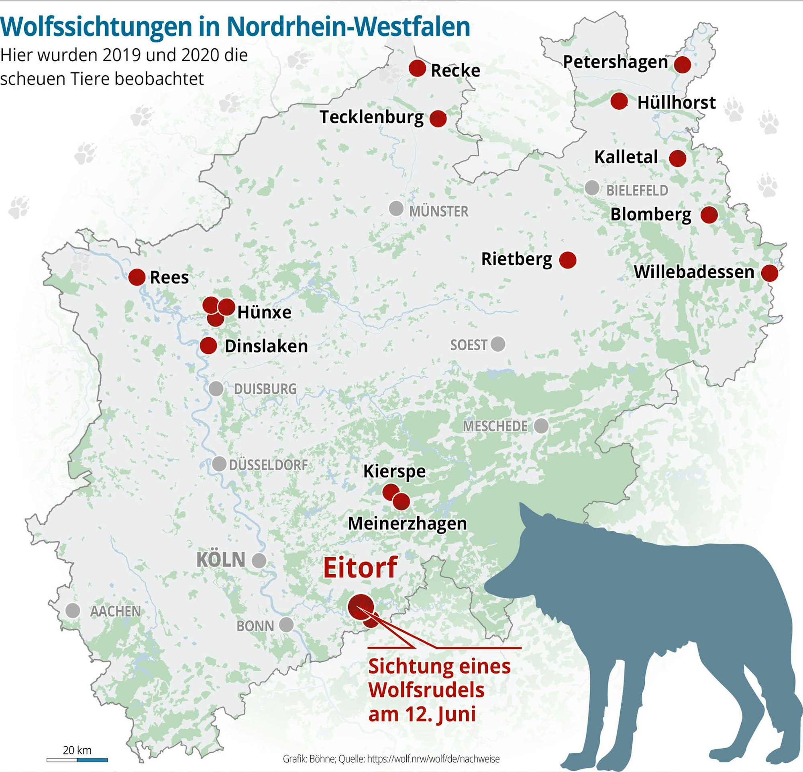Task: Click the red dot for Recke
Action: coord(418,68)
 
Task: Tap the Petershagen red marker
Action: coord(683,64)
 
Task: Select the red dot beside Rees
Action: coord(137,277)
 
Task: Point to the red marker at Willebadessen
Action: coord(770,273)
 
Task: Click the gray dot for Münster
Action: coord(396,208)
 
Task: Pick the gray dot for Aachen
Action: coord(73,610)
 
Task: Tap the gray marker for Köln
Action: coord(259,561)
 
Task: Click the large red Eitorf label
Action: coord(360,568)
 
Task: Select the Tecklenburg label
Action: coord(371,117)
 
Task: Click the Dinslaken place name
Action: coord(266,346)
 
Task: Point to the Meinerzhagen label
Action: coord(407,524)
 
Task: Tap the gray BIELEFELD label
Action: coord(637,190)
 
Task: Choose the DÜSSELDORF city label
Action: coord(268,465)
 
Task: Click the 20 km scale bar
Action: coord(77,760)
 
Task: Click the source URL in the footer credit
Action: coord(433,759)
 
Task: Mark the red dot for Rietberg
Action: coord(568,260)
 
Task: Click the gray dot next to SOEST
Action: coord(498,344)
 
